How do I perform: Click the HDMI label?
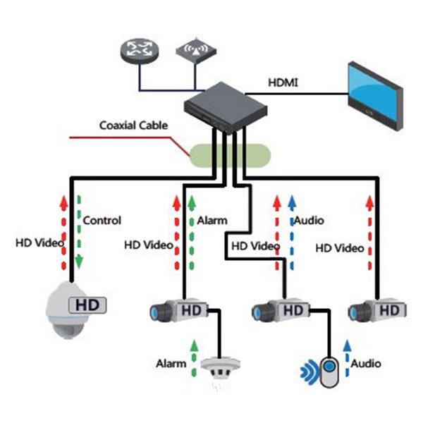283,82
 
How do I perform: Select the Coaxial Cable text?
134,125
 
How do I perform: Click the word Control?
102,220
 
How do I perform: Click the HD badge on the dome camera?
87,305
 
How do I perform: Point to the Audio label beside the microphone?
366,364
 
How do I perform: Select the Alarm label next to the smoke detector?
171,364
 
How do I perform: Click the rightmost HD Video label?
340,248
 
